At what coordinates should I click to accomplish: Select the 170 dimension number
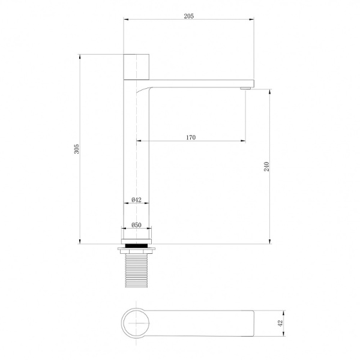[x=190, y=137]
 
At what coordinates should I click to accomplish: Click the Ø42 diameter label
[x=136, y=200]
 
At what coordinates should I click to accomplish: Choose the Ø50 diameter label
[x=136, y=225]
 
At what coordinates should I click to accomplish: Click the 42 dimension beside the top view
[x=280, y=323]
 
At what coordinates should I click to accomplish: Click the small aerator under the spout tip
[x=245, y=89]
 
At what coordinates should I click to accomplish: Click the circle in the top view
[x=136, y=323]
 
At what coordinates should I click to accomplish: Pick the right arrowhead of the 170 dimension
[x=243, y=142]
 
